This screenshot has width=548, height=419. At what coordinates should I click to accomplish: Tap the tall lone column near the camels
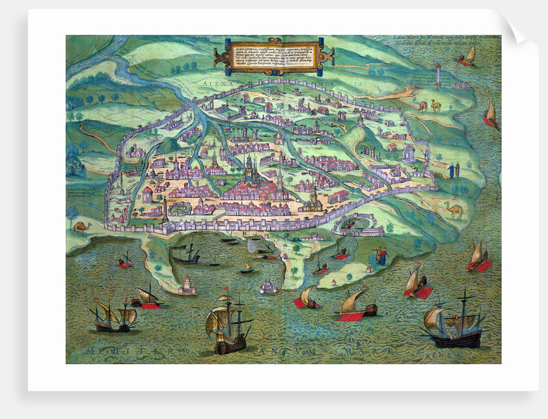(438, 76)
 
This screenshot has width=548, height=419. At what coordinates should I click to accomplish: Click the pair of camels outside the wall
(429, 106)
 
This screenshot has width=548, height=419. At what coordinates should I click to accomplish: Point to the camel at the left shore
(80, 227)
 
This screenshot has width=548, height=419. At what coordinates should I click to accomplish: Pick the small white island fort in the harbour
(269, 285)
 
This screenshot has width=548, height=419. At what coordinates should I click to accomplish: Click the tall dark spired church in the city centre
(250, 169)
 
